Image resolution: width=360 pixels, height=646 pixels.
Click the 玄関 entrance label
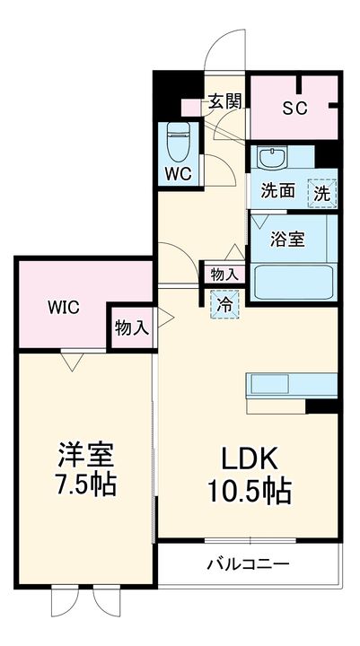[224, 101]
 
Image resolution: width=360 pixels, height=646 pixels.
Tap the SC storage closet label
[294, 108]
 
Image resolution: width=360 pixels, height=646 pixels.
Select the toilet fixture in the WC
[179, 142]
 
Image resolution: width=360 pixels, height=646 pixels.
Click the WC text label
[179, 174]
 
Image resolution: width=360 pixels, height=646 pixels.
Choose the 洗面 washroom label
[278, 191]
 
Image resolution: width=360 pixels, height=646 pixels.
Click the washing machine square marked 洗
[322, 193]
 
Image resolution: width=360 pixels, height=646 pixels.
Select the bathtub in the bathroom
[294, 283]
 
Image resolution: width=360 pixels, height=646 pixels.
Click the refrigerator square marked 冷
[224, 304]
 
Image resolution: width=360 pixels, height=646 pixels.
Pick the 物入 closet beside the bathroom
[224, 275]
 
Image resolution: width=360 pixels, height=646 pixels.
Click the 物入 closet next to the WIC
[131, 328]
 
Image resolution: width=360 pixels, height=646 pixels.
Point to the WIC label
[64, 307]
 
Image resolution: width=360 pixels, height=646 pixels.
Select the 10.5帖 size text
[249, 491]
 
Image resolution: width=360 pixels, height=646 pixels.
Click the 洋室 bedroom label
[86, 456]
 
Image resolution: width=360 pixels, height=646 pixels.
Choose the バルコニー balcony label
[248, 563]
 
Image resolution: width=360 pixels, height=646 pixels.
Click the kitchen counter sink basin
[270, 384]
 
